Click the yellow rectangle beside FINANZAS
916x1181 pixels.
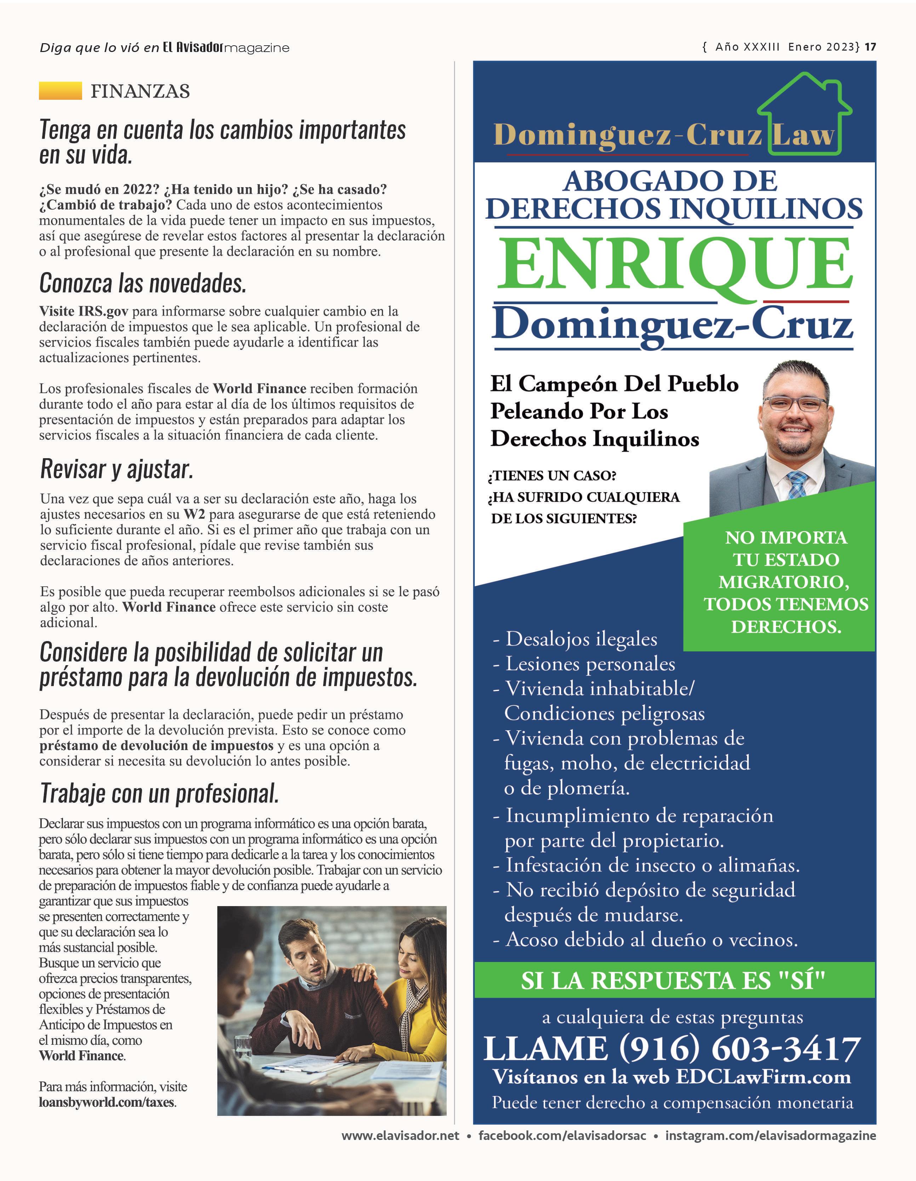pyautogui.click(x=60, y=91)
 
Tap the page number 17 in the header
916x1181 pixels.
pyautogui.click(x=870, y=47)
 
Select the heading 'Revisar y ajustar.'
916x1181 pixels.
pyautogui.click(x=116, y=469)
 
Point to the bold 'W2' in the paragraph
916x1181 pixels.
pyautogui.click(x=194, y=514)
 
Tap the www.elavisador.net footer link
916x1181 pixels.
pyautogui.click(x=400, y=1136)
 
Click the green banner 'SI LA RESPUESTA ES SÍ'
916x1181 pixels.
pyautogui.click(x=673, y=980)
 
